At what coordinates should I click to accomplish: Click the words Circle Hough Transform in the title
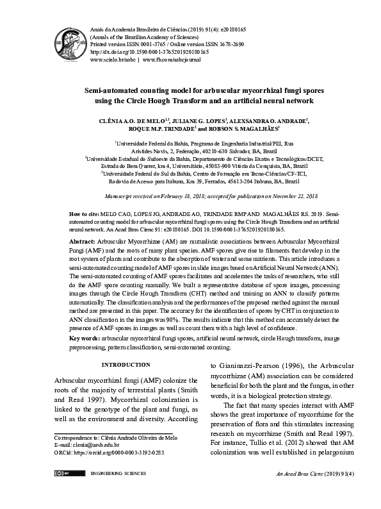click(163, 101)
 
